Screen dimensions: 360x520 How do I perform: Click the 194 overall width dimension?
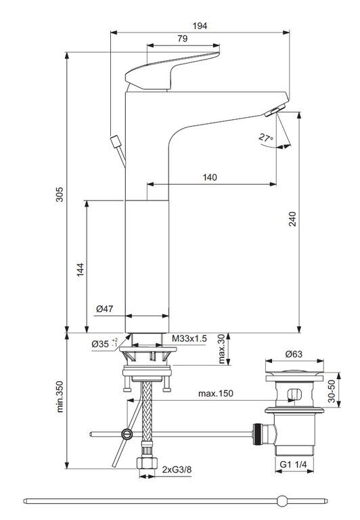(x=200, y=26)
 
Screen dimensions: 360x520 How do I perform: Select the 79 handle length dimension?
(x=182, y=39)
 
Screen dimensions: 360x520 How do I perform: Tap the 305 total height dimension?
(x=59, y=194)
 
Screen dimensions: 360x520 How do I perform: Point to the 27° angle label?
(x=266, y=137)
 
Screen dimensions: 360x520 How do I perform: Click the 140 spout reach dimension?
(x=210, y=177)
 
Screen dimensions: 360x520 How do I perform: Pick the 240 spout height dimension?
(x=292, y=219)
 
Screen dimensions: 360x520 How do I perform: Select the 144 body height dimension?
(x=81, y=270)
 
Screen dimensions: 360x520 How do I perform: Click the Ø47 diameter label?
(x=105, y=309)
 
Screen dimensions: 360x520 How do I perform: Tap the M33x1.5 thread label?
(x=189, y=339)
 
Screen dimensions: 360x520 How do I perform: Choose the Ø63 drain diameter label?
(x=294, y=354)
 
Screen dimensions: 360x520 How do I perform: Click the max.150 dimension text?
(x=216, y=393)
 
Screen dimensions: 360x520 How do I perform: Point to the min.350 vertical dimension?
(x=60, y=396)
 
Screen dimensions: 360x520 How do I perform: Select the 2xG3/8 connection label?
(x=177, y=470)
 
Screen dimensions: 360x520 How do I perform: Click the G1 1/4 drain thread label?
(x=294, y=465)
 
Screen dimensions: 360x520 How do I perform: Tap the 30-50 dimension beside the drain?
(x=332, y=391)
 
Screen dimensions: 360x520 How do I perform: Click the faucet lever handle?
(x=173, y=70)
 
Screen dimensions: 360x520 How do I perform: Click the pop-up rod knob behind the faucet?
(x=115, y=142)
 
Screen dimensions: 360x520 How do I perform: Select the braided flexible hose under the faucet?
(x=147, y=411)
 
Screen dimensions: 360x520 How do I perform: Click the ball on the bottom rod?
(x=282, y=500)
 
